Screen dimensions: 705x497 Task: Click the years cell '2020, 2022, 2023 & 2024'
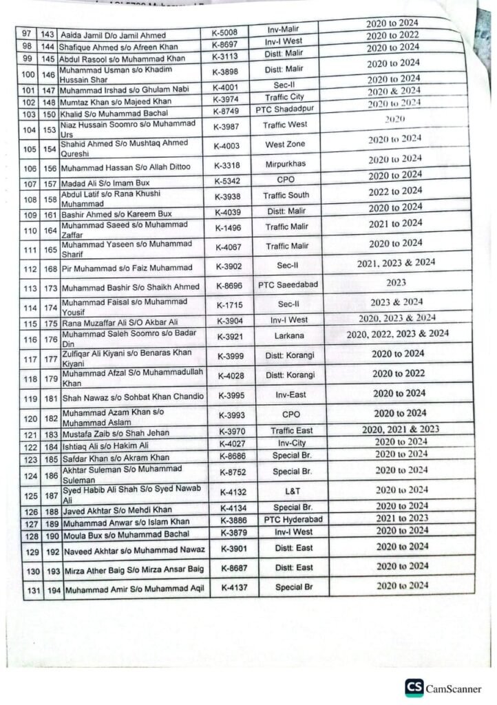point(399,334)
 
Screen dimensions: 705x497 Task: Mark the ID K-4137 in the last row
point(235,587)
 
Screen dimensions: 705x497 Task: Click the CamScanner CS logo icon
point(414,688)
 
